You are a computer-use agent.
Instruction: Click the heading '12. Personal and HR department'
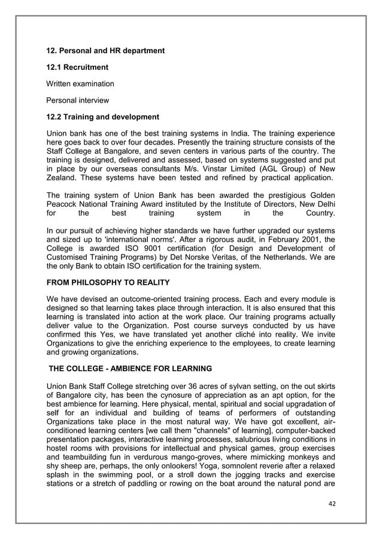pyautogui.click(x=105, y=51)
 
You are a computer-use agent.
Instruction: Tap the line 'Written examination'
pyautogui.click(x=80, y=84)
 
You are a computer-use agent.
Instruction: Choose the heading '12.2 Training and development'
pyautogui.click(x=103, y=116)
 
